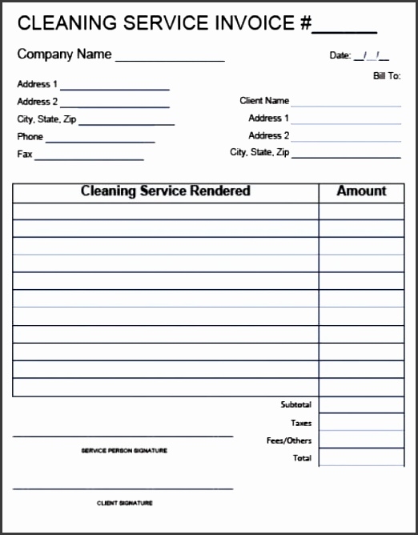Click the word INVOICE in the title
click(257, 23)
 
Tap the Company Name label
click(65, 54)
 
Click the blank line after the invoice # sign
click(344, 31)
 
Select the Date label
click(340, 56)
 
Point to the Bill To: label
click(387, 76)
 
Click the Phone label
click(30, 137)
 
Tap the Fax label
click(25, 154)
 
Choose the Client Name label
click(264, 101)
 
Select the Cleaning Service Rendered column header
click(166, 191)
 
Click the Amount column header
click(361, 191)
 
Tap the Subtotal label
click(296, 405)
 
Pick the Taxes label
click(301, 423)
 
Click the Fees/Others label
click(289, 440)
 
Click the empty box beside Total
click(361, 457)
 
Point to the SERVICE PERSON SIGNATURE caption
click(124, 451)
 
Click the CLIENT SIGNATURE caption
click(124, 503)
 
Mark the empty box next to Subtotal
click(361, 405)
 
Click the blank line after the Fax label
click(89, 159)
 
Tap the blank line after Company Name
click(170, 60)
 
